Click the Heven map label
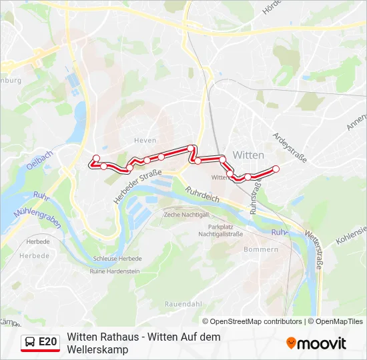click(x=145, y=140)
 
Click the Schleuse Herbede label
click(x=117, y=259)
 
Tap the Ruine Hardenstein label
click(x=115, y=271)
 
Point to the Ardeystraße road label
click(x=290, y=148)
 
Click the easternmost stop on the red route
click(x=276, y=169)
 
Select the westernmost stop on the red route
click(x=96, y=158)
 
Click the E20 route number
click(x=47, y=342)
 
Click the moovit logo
click(x=316, y=343)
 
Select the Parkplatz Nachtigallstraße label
click(x=221, y=231)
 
